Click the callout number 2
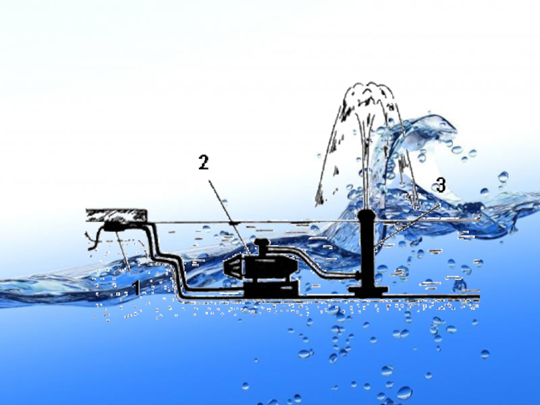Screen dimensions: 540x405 pyautogui.click(x=204, y=162)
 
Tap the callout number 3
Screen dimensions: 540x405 pyautogui.click(x=441, y=184)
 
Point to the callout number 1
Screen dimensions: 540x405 pyautogui.click(x=138, y=288)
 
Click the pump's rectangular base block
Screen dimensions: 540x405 pyautogui.click(x=271, y=289)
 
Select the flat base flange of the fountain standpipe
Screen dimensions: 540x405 pyautogui.click(x=368, y=292)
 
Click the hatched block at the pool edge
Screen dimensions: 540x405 pyautogui.click(x=116, y=215)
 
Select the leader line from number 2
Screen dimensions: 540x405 pyautogui.click(x=229, y=217)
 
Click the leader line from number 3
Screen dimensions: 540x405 pyautogui.click(x=408, y=225)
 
